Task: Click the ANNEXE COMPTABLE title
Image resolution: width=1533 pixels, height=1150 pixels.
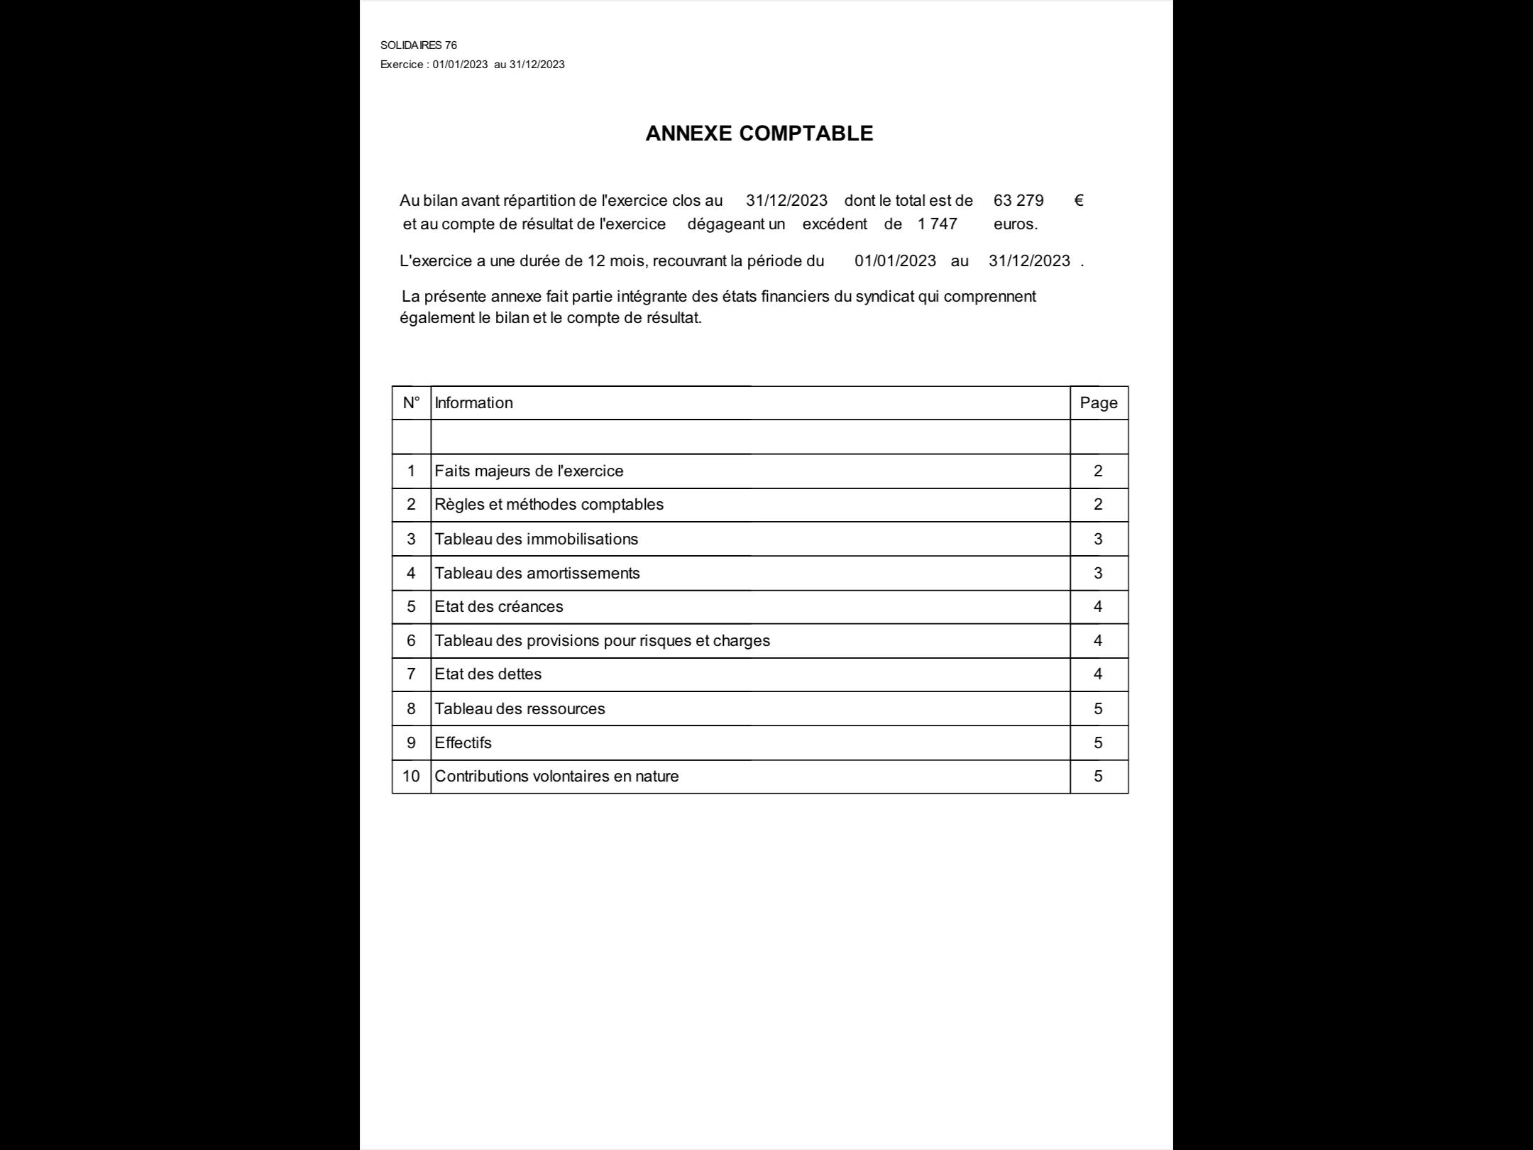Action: pos(759,133)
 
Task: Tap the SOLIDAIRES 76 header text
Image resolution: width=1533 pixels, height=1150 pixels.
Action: pos(419,45)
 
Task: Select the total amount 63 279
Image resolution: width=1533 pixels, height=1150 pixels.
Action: pos(1018,201)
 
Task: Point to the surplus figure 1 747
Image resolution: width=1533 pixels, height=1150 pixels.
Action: pos(937,224)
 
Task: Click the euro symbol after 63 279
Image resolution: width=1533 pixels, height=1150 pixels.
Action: pos(1079,201)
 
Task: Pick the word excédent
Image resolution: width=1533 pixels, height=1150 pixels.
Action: pos(835,224)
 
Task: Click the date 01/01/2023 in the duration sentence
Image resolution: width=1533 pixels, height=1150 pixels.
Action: pos(895,261)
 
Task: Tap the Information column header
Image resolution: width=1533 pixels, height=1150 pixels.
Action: pos(473,403)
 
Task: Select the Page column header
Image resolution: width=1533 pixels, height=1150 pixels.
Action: pos(1099,403)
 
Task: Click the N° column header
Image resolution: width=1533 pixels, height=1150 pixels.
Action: pos(411,403)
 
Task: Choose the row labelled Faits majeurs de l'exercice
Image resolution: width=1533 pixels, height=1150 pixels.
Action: pos(529,471)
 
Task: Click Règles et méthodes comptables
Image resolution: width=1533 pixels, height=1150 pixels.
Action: pos(549,505)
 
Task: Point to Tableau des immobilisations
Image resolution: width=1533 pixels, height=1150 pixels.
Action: pos(536,540)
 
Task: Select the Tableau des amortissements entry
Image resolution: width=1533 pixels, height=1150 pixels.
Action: pos(537,574)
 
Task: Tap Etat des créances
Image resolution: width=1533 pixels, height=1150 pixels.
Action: pos(498,607)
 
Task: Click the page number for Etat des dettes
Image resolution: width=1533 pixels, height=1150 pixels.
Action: pos(1098,674)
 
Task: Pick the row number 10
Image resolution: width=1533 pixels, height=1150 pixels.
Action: pos(411,777)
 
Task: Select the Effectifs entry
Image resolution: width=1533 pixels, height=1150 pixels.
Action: pos(463,743)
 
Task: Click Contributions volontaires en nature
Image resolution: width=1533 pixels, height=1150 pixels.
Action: pos(556,777)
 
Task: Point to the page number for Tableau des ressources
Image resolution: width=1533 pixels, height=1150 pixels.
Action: pos(1098,709)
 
